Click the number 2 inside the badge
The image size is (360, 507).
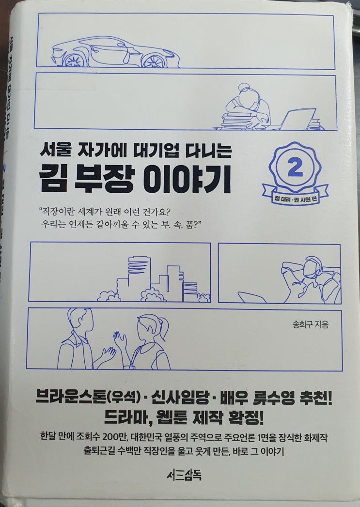(295, 169)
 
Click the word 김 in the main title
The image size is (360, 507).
(53, 181)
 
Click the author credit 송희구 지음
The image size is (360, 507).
(310, 324)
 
